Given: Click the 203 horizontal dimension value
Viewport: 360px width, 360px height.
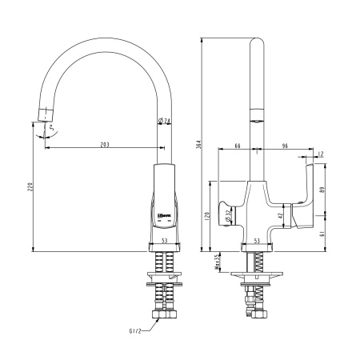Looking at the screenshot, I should click(104, 144).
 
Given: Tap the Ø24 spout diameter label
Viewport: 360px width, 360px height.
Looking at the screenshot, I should click(165, 122).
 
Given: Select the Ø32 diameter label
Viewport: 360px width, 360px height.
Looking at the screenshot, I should click(229, 216).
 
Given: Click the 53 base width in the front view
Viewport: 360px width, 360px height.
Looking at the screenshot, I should click(164, 240).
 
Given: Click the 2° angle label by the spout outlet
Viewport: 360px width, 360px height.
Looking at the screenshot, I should click(54, 127).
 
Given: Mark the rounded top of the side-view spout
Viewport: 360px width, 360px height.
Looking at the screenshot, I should click(258, 40).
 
